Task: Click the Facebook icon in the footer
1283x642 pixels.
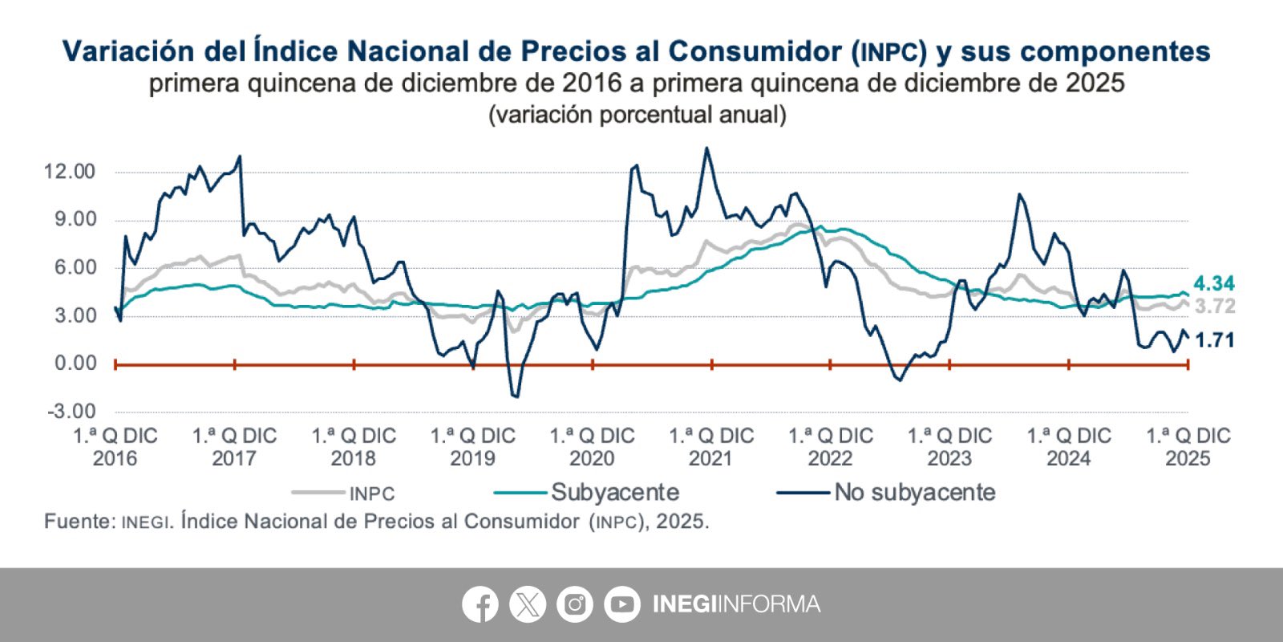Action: click(x=480, y=604)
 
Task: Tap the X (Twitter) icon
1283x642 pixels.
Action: click(x=528, y=604)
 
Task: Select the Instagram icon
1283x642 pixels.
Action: click(x=575, y=604)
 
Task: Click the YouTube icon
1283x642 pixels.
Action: click(x=622, y=604)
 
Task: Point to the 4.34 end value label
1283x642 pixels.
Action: click(x=1214, y=283)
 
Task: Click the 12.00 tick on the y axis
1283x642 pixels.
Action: click(x=70, y=172)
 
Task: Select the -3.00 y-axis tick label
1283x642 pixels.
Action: click(x=71, y=412)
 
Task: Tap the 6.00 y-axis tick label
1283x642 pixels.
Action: click(x=75, y=268)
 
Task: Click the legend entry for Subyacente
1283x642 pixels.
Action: click(x=614, y=492)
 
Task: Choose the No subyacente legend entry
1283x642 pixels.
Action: click(x=914, y=492)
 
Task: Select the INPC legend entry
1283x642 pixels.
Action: click(x=371, y=494)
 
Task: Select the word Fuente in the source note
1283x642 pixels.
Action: click(x=79, y=522)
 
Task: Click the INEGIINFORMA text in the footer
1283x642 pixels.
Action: click(x=736, y=604)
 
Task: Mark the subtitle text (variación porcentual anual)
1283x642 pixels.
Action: click(x=637, y=115)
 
